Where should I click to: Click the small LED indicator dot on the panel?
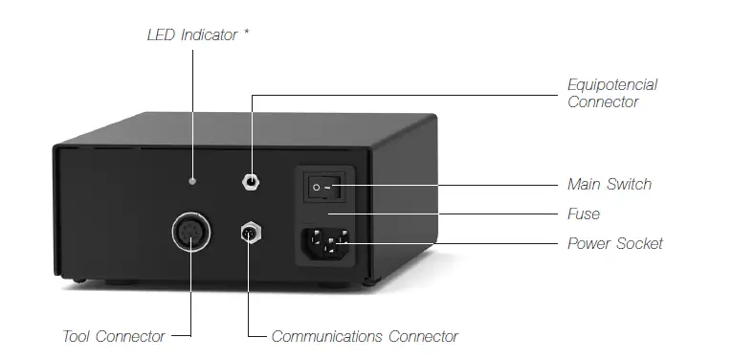click(193, 179)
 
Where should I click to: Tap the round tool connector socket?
click(190, 234)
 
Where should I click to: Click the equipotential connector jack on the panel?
click(252, 182)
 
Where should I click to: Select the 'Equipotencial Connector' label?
click(612, 93)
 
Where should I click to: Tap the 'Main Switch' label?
click(610, 183)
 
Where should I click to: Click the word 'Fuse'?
click(584, 214)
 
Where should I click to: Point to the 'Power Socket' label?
click(614, 243)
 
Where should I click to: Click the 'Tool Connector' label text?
click(114, 336)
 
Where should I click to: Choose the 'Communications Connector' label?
click(365, 336)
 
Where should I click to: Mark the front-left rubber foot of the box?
click(120, 283)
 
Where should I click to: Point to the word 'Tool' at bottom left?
click(77, 336)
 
